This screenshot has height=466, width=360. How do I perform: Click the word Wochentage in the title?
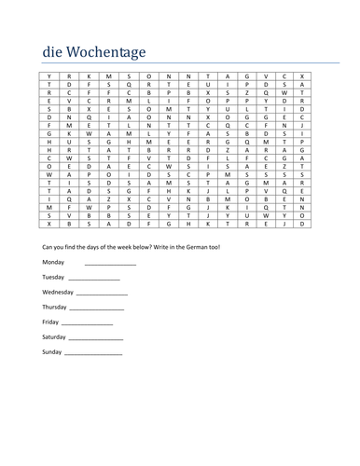[x=109, y=50]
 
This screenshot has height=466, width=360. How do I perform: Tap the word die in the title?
[x=52, y=50]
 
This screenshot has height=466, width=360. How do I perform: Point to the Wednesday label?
[x=60, y=292]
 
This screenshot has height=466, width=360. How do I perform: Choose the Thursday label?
[x=55, y=307]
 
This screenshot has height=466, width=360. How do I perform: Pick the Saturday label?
[x=55, y=336]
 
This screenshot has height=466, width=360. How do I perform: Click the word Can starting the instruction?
[x=49, y=246]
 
